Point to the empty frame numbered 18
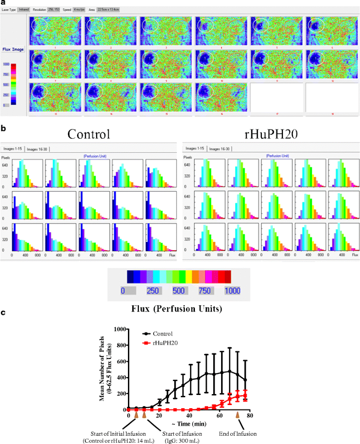pos(332,97)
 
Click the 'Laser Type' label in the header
pos(9,10)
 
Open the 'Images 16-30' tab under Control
pos(38,149)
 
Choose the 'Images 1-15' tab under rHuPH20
pos(194,149)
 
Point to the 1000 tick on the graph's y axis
pos(120,329)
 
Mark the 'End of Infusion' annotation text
pos(238,433)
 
